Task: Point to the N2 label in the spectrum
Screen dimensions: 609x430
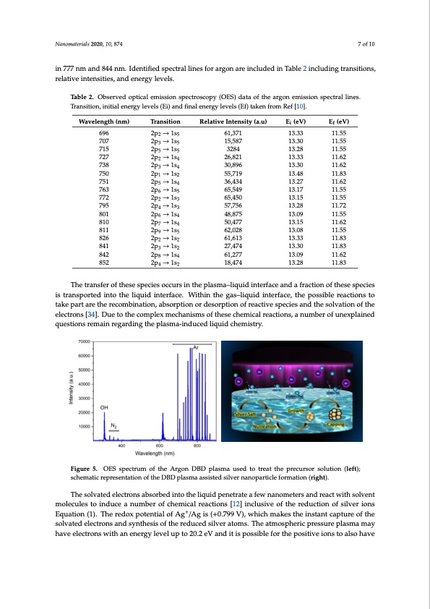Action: [x=115, y=425]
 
